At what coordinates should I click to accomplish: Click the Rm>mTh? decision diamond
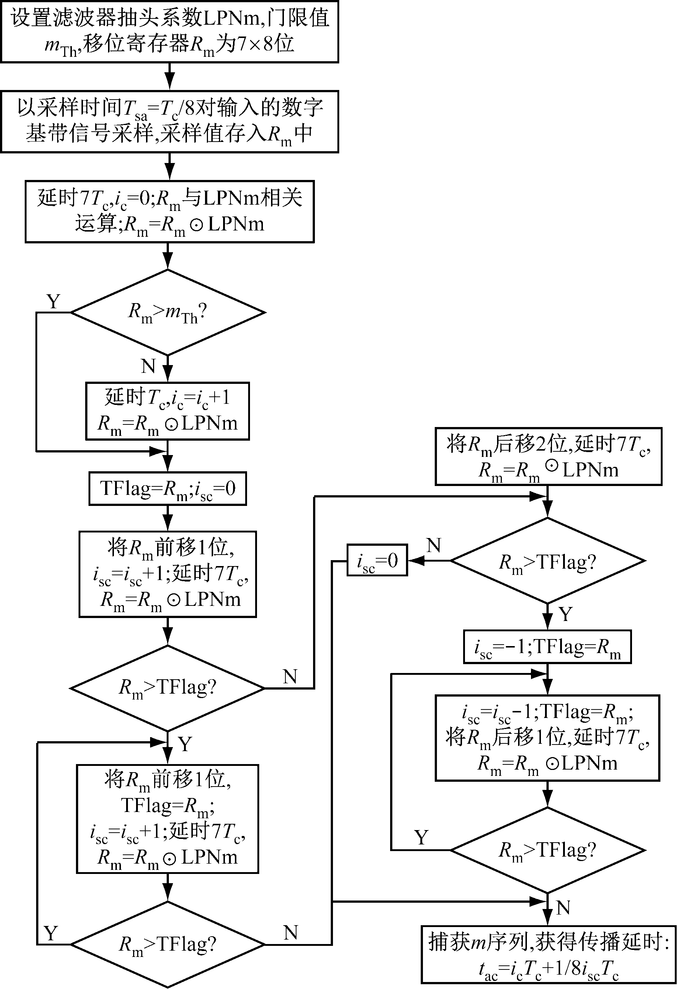168,312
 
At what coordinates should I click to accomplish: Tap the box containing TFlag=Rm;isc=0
168,489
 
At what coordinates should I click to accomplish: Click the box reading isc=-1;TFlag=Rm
547,647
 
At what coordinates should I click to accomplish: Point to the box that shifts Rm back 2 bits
548,456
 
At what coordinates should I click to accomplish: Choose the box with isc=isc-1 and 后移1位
547,738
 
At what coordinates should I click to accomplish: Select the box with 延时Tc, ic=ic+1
168,411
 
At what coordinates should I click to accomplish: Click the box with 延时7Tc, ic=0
169,212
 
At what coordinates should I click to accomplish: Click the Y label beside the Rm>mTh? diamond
53,302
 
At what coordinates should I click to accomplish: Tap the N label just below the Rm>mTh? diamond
149,366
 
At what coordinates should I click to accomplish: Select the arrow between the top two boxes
170,77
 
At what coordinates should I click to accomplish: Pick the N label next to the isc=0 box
434,545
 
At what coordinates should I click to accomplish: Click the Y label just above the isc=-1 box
566,614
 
